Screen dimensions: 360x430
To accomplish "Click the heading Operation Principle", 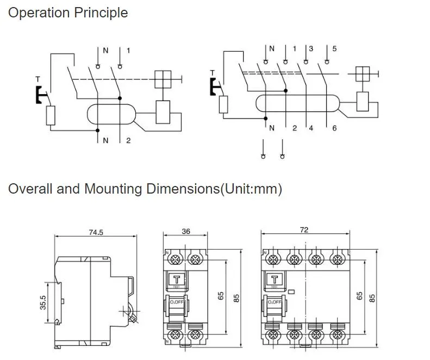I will tap(68, 13).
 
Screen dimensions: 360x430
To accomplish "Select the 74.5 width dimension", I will tap(96, 232).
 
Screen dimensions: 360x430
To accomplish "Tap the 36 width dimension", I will tap(186, 232).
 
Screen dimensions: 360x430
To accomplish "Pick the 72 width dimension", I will tap(304, 231).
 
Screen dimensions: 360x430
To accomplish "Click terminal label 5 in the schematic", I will tap(334, 49).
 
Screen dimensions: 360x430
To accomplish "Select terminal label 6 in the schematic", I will tap(334, 128).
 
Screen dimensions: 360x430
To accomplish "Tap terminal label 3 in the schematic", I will tap(311, 49).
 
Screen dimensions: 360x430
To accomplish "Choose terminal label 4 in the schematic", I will tap(311, 128).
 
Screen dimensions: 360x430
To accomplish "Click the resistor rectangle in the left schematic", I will tap(51, 115).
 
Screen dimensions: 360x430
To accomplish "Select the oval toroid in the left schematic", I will tap(112, 114).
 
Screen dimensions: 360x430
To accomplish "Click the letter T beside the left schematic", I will tap(38, 79).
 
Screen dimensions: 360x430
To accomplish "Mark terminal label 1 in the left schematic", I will tap(128, 51).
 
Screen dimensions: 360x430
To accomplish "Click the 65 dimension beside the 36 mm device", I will tap(221, 296).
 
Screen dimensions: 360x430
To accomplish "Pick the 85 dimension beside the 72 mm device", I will tap(372, 297).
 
